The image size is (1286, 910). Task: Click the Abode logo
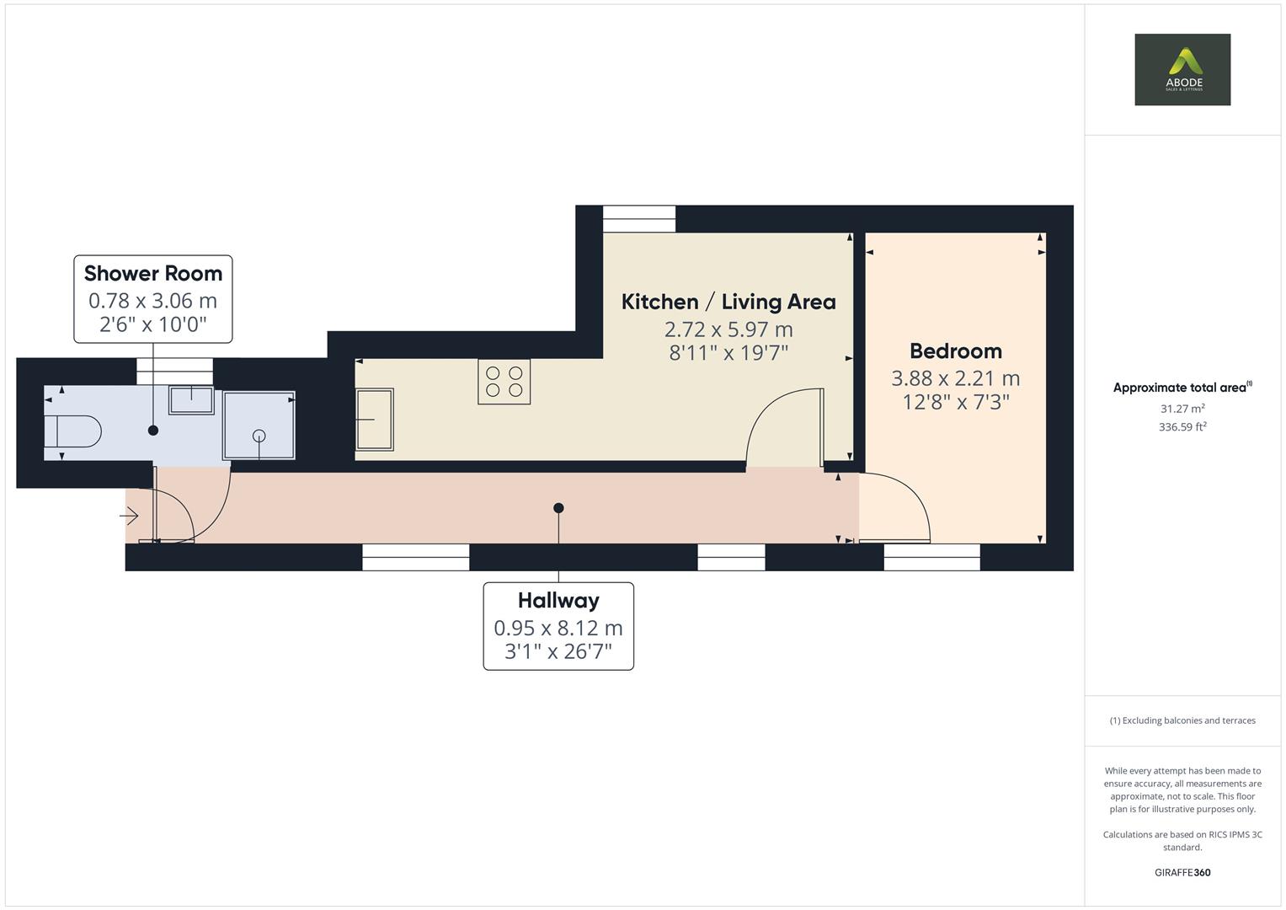pyautogui.click(x=1182, y=69)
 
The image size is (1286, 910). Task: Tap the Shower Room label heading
pyautogui.click(x=153, y=273)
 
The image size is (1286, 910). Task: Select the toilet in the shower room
pyautogui.click(x=72, y=432)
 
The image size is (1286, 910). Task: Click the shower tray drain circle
pyautogui.click(x=259, y=436)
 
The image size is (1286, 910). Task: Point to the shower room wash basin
pyautogui.click(x=191, y=399)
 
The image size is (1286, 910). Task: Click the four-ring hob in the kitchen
pyautogui.click(x=504, y=382)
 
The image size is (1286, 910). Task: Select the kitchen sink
pyautogui.click(x=374, y=419)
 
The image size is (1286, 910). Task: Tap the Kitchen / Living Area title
pyautogui.click(x=728, y=302)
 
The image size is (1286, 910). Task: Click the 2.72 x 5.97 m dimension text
pyautogui.click(x=728, y=329)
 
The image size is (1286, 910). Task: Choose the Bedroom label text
pyautogui.click(x=955, y=351)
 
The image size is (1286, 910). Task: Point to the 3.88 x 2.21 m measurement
pyautogui.click(x=955, y=378)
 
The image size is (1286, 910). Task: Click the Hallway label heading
pyautogui.click(x=558, y=600)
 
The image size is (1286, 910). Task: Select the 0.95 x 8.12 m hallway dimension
pyautogui.click(x=558, y=628)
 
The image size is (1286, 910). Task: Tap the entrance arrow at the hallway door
pyautogui.click(x=131, y=515)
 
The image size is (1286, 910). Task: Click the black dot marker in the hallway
pyautogui.click(x=558, y=508)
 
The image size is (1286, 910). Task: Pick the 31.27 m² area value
pyautogui.click(x=1182, y=409)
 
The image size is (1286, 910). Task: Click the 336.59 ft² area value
pyautogui.click(x=1182, y=427)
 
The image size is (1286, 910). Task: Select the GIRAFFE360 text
pyautogui.click(x=1182, y=872)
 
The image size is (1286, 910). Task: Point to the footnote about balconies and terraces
pyautogui.click(x=1182, y=720)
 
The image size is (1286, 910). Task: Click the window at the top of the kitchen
pyautogui.click(x=639, y=219)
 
